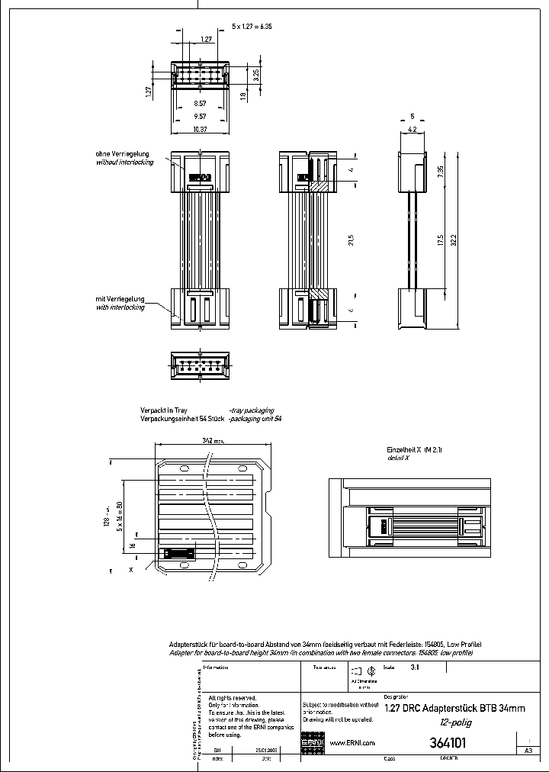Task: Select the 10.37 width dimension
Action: click(199, 129)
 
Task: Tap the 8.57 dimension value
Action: click(199, 102)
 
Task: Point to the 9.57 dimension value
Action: click(199, 116)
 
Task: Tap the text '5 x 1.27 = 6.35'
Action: click(252, 26)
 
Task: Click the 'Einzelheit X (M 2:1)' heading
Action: click(414, 450)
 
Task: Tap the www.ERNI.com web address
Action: click(352, 742)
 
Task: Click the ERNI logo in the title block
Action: click(313, 742)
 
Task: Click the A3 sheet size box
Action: click(528, 751)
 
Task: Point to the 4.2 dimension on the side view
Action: click(412, 130)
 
